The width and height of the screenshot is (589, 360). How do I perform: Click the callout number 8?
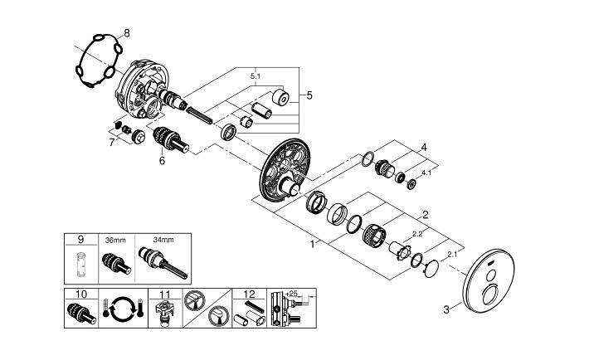(127, 33)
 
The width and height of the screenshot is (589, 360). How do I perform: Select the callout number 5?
(309, 95)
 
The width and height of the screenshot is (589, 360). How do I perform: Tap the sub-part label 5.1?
(256, 76)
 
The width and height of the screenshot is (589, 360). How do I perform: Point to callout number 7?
(111, 143)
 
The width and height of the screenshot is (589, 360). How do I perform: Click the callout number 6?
(162, 161)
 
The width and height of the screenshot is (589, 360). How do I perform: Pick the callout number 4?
(424, 148)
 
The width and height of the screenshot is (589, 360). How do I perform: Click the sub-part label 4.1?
(426, 173)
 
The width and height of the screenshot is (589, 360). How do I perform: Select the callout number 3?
(446, 310)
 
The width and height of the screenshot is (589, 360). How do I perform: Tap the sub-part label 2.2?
(417, 234)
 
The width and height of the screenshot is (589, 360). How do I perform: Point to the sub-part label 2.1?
(452, 255)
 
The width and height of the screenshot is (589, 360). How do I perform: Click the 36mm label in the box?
(115, 240)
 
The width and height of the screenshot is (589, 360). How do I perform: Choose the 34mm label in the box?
(163, 240)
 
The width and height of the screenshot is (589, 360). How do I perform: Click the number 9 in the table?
(81, 240)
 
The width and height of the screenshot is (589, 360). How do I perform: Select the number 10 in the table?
(81, 294)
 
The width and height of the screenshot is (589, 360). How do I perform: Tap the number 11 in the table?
(165, 294)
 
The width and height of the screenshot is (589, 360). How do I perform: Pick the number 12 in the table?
(249, 294)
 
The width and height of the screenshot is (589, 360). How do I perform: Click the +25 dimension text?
(291, 293)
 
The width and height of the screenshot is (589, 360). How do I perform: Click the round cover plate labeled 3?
(489, 280)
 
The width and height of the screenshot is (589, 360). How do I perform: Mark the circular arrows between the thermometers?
(124, 308)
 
